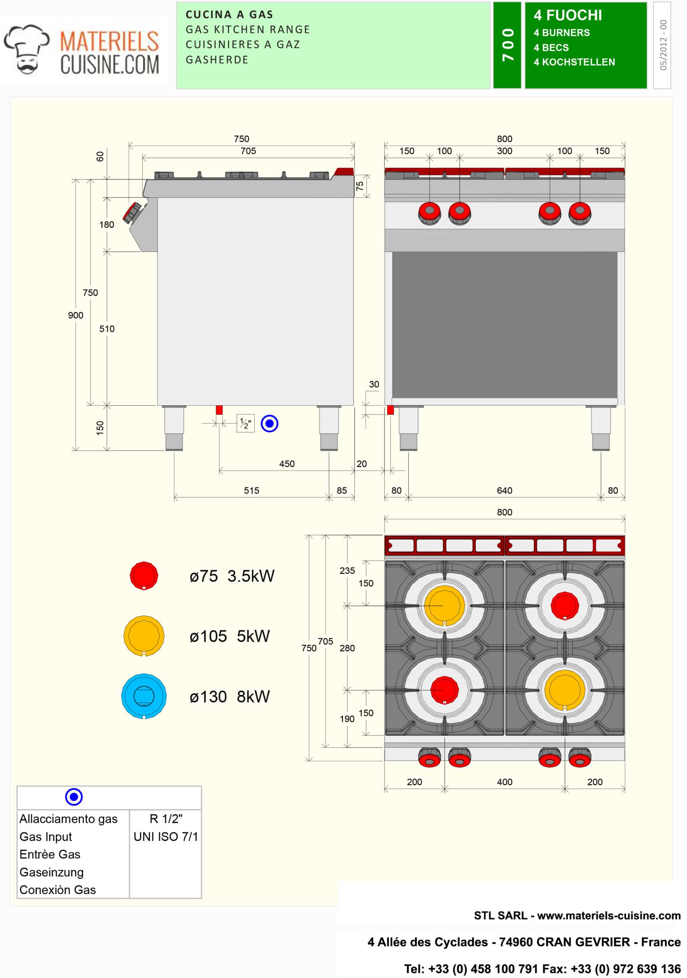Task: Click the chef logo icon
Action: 26,49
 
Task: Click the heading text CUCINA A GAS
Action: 229,15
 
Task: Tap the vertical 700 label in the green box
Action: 507,45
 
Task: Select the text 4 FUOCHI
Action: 568,15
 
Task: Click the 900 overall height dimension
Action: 75,315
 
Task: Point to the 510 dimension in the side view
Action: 107,329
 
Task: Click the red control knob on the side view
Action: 133,212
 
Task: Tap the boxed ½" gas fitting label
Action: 245,423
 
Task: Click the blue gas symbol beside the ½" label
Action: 269,423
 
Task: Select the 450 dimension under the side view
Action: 287,464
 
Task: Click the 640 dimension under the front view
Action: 504,491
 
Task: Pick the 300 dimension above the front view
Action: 504,151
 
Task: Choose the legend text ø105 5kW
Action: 230,636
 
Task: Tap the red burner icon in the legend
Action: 144,575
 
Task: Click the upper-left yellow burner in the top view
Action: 444,605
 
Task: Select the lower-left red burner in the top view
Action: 444,689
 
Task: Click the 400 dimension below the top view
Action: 504,782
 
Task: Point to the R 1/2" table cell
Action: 166,819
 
